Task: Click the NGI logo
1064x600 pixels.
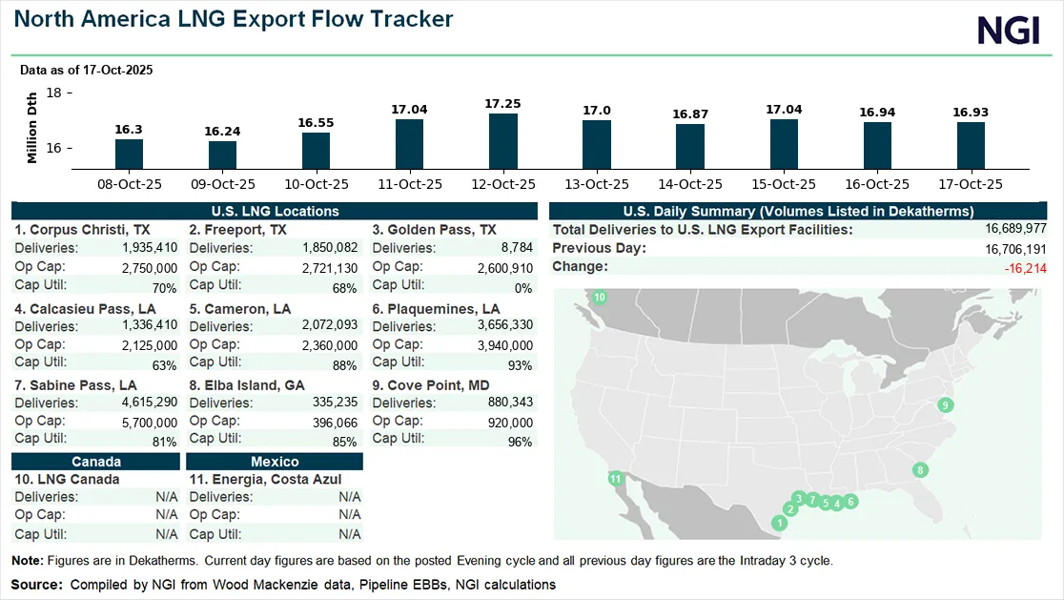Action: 1009,31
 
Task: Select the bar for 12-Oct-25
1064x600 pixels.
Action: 503,141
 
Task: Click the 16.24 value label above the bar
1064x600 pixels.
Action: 222,132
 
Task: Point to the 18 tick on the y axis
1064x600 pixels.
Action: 53,93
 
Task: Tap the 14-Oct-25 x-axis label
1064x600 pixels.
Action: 690,184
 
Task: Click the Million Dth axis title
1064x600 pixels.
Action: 32,128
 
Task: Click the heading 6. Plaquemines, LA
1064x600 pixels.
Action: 436,309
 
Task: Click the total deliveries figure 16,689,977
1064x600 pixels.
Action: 1016,229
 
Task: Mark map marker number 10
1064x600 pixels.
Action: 600,299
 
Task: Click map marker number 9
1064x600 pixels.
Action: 946,404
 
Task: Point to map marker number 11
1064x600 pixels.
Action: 616,478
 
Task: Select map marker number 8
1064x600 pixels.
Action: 919,469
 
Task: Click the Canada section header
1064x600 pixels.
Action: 95,462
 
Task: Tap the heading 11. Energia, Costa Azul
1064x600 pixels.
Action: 265,479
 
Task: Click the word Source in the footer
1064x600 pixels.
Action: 35,584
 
